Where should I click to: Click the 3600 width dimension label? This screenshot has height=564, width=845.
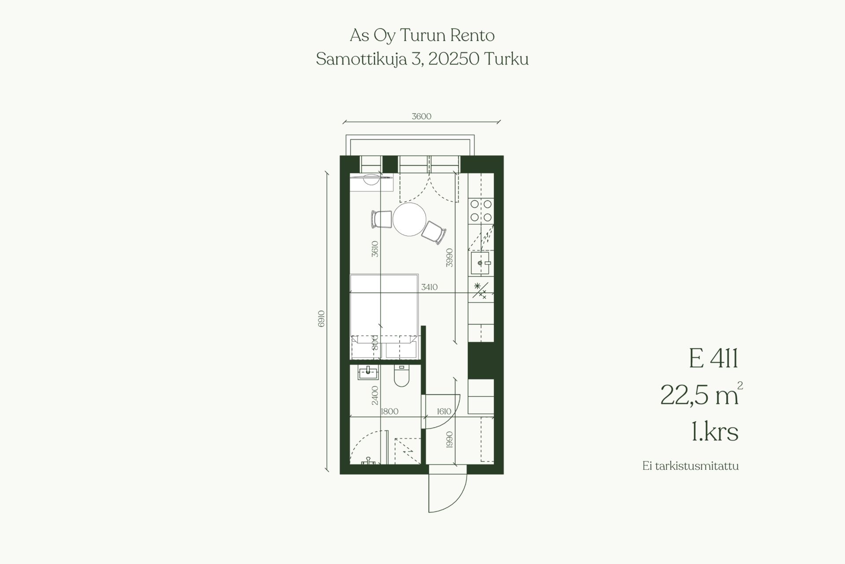tap(421, 116)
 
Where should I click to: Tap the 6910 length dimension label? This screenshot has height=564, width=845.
tap(321, 318)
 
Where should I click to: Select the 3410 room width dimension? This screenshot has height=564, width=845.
tap(429, 287)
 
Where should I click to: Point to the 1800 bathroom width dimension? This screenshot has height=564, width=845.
tap(389, 411)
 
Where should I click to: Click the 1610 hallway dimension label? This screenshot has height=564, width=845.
tap(444, 411)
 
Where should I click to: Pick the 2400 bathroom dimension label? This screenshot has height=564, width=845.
tap(375, 395)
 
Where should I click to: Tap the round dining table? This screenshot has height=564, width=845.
tap(410, 219)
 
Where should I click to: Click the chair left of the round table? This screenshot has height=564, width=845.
tap(381, 219)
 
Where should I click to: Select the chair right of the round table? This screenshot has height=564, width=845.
tap(434, 232)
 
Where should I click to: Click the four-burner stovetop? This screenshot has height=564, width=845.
tap(481, 210)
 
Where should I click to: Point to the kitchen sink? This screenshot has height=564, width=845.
tap(481, 263)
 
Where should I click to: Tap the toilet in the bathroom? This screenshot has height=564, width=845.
tap(401, 376)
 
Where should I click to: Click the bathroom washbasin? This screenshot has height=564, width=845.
tap(368, 373)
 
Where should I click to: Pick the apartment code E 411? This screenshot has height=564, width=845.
tap(713, 359)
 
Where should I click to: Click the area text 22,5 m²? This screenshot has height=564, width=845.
tap(702, 394)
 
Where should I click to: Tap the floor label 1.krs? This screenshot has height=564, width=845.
tap(715, 432)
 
